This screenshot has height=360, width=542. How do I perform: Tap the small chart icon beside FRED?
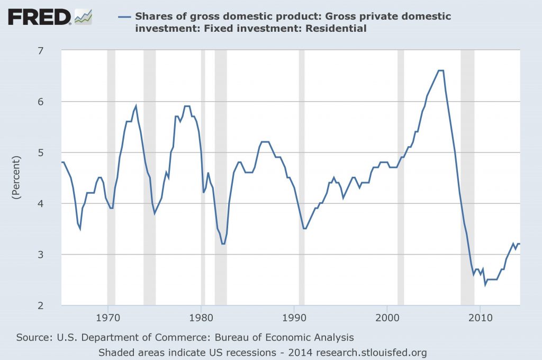pos(83,17)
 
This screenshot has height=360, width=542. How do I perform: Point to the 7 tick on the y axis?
pos(55,51)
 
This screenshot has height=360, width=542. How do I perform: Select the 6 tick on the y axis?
pos(55,102)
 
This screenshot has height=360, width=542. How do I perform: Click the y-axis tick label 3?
pos(55,255)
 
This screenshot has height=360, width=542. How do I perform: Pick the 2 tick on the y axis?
pos(55,305)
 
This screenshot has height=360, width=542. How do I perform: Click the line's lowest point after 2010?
pos(485,285)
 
